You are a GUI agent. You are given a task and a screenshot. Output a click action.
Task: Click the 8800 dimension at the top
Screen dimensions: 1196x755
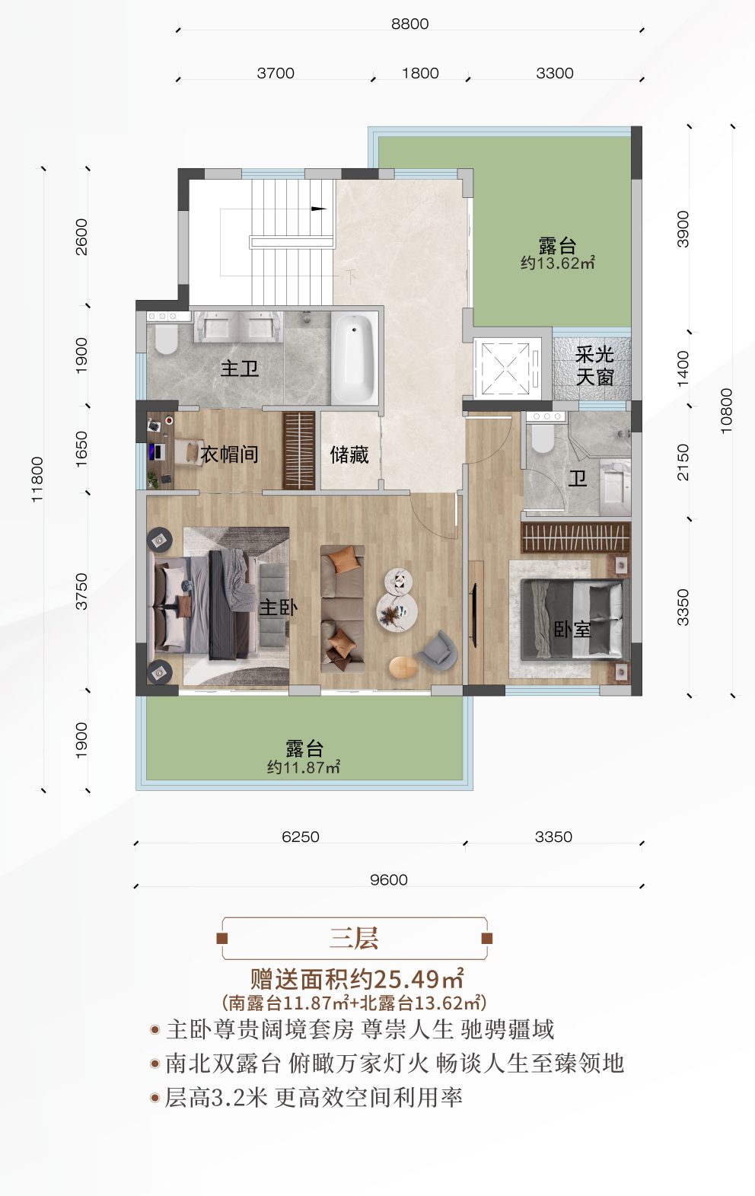pyautogui.click(x=409, y=24)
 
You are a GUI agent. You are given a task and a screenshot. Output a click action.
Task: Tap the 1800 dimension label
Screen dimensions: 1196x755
pyautogui.click(x=420, y=73)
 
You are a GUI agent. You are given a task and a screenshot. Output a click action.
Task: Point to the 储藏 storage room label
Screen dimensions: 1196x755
pyautogui.click(x=349, y=454)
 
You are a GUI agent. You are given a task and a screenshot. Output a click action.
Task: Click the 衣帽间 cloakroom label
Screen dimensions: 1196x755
pyautogui.click(x=229, y=454)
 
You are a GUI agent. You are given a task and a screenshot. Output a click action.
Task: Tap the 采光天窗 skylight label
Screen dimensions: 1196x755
pyautogui.click(x=594, y=366)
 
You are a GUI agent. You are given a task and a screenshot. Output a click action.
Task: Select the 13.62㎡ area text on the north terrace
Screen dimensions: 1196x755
pyautogui.click(x=557, y=263)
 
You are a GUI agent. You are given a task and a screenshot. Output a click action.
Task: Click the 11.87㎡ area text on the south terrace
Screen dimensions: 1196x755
pyautogui.click(x=303, y=767)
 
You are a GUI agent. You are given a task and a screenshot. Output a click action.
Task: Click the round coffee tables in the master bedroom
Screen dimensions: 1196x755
pyautogui.click(x=397, y=601)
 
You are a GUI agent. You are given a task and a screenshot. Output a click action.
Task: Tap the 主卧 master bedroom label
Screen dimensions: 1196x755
pyautogui.click(x=278, y=607)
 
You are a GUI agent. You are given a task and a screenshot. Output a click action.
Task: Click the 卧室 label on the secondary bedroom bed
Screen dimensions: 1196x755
pyautogui.click(x=572, y=630)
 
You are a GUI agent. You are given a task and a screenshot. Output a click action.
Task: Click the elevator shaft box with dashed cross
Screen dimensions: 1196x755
pyautogui.click(x=505, y=368)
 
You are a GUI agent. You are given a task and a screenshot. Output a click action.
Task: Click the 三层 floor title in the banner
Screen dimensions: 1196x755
pyautogui.click(x=354, y=938)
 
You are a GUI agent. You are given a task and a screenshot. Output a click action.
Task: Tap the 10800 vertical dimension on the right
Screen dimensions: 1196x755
pyautogui.click(x=726, y=411)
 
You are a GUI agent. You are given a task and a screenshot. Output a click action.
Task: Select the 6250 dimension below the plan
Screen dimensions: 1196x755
pyautogui.click(x=301, y=837)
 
